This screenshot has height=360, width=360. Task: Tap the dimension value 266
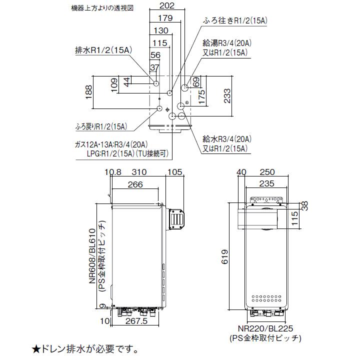[x=134, y=184]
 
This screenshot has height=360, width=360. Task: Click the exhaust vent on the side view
[x=177, y=218]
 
